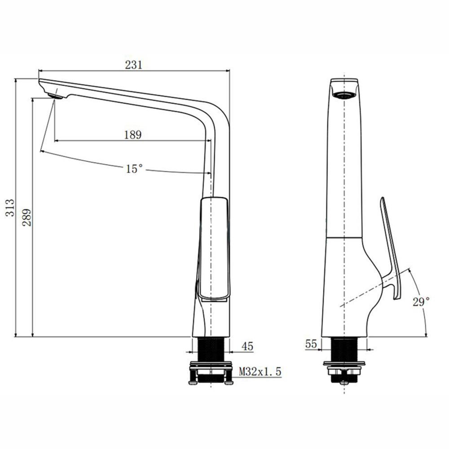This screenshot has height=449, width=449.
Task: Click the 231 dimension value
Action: click(x=133, y=65)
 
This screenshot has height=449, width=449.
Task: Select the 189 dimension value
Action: click(x=133, y=135)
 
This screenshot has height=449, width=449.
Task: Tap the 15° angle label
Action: click(x=134, y=169)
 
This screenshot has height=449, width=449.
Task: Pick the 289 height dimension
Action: click(x=27, y=217)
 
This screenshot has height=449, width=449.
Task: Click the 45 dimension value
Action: click(x=247, y=346)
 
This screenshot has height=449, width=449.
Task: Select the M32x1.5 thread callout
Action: click(x=260, y=372)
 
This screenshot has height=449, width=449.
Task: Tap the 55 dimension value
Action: click(x=311, y=344)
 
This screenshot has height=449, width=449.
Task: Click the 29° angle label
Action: click(x=421, y=302)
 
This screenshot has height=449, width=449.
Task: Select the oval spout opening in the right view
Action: click(x=344, y=95)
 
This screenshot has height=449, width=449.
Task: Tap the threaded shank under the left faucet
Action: click(x=211, y=349)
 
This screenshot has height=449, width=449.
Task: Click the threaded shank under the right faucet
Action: click(x=344, y=350)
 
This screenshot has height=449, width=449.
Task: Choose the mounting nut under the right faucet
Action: click(x=344, y=370)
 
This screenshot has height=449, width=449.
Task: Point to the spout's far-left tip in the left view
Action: click(x=40, y=82)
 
